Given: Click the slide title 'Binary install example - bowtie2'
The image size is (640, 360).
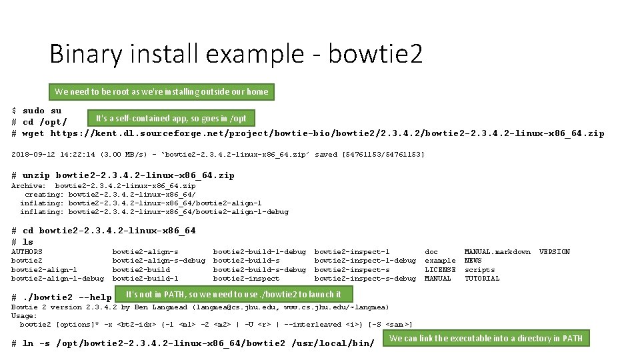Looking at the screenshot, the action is tap(236, 54).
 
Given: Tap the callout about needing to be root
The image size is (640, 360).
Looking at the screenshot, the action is tap(161, 91).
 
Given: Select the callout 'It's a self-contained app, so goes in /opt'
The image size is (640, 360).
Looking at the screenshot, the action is tap(171, 118).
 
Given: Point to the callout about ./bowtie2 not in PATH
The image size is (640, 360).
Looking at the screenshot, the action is tap(233, 294).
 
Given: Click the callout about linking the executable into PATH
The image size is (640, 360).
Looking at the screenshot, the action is tap(485, 338).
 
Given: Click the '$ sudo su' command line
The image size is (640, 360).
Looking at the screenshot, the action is tap(37, 111).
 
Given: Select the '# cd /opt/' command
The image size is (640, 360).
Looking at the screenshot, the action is tap(39, 122).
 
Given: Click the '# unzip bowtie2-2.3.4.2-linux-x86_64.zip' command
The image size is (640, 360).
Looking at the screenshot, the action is tap(123, 175).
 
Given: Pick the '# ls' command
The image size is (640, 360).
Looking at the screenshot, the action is tap(23, 242).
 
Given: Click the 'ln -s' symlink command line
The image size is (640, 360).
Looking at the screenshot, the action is tap(193, 343).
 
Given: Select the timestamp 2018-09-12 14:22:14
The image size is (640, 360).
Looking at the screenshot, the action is tap(53, 155).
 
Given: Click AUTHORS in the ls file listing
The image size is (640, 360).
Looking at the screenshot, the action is tap(27, 252).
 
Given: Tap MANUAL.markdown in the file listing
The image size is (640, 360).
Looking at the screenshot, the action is tap(497, 252).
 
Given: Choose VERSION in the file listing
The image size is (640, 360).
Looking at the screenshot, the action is tap(554, 252).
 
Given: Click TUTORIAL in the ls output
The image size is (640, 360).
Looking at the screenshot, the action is tap(482, 279).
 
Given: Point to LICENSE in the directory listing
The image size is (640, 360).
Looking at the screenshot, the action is tap(440, 270).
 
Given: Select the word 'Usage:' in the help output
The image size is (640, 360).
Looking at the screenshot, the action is tap(25, 316).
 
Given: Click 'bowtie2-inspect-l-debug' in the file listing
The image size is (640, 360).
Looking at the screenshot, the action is tap(365, 261).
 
